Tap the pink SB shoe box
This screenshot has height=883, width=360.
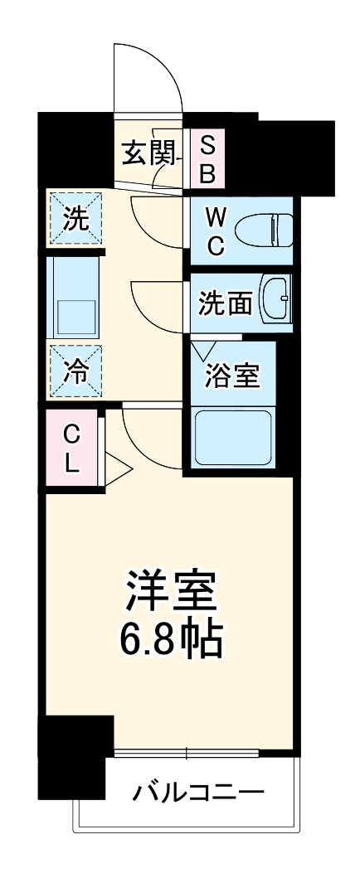[x=208, y=160]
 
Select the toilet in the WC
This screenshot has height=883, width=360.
[x=264, y=230]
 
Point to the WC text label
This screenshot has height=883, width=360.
[x=215, y=231]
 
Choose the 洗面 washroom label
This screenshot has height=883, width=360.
[x=225, y=303]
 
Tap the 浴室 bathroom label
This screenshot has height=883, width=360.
[x=233, y=376]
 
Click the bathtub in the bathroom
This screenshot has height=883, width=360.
[x=233, y=437]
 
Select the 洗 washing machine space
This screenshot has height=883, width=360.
[x=75, y=220]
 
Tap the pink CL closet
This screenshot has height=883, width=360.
[x=72, y=449]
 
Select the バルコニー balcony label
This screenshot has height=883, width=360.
[x=199, y=793]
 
